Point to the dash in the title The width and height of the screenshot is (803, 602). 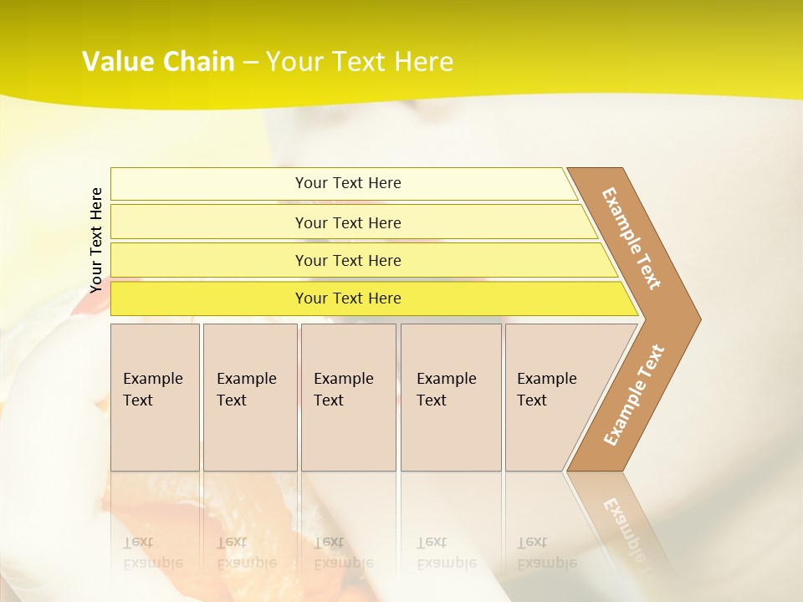[250, 63]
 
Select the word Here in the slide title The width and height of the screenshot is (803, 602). [423, 62]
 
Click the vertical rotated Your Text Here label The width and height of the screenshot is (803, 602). [96, 240]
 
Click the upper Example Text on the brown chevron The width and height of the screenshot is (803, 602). [632, 238]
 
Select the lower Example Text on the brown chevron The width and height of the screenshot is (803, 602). [634, 395]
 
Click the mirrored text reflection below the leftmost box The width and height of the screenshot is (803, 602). [153, 553]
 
